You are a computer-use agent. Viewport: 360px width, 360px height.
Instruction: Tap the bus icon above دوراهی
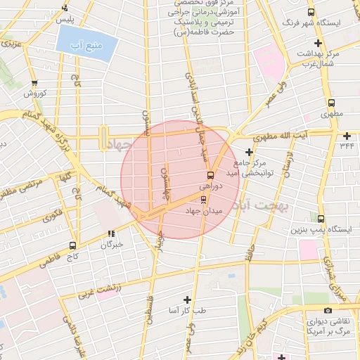coord(210,175)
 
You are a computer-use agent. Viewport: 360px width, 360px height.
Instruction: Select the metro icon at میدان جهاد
coord(204,199)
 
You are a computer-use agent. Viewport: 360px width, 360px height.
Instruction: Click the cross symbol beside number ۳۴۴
coord(347,135)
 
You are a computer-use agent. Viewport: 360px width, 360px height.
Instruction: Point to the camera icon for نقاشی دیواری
coord(328,311)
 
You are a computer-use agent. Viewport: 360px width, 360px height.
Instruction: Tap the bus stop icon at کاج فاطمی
coord(73,245)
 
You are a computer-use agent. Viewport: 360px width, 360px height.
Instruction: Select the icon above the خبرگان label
coord(111,234)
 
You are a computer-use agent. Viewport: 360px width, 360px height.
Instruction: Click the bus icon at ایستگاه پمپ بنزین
coord(321,219)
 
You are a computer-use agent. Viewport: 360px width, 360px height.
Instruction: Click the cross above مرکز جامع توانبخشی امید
coord(248,151)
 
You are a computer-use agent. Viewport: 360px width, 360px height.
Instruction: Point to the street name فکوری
coord(52,215)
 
